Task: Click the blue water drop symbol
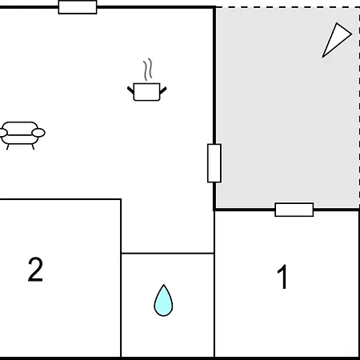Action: pyautogui.click(x=163, y=301)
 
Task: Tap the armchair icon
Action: pyautogui.click(x=22, y=135)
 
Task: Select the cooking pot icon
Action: pyautogui.click(x=146, y=92)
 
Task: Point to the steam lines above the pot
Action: pyautogui.click(x=148, y=70)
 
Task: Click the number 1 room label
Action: pyautogui.click(x=282, y=277)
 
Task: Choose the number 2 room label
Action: pyautogui.click(x=35, y=270)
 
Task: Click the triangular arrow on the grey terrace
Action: pyautogui.click(x=337, y=40)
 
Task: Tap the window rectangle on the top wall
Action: pyautogui.click(x=78, y=7)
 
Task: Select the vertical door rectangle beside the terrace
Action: pyautogui.click(x=214, y=163)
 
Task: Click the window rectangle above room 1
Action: pyautogui.click(x=294, y=210)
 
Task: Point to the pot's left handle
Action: pyautogui.click(x=130, y=90)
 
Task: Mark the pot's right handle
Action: pyautogui.click(x=163, y=90)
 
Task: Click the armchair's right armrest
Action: pyautogui.click(x=38, y=133)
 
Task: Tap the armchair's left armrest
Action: pyautogui.click(x=3, y=133)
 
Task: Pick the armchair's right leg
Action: pyautogui.click(x=33, y=146)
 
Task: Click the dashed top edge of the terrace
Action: pyautogui.click(x=287, y=7)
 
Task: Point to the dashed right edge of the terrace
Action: pyautogui.click(x=359, y=108)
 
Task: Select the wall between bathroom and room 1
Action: pyautogui.click(x=214, y=284)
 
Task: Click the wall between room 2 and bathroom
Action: pyautogui.click(x=121, y=278)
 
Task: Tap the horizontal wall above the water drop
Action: pyautogui.click(x=167, y=253)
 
